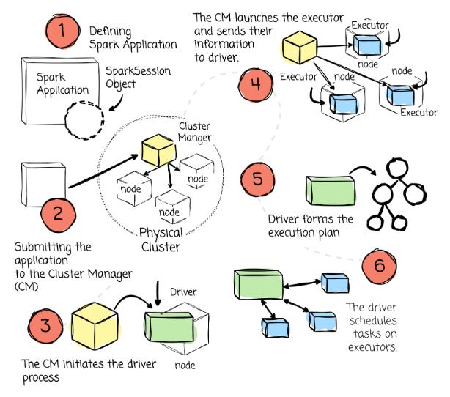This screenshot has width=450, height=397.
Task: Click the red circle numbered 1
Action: click(x=64, y=33)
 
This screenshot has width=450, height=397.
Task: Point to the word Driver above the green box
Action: click(x=183, y=292)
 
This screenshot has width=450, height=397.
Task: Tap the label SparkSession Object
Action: click(x=134, y=77)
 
